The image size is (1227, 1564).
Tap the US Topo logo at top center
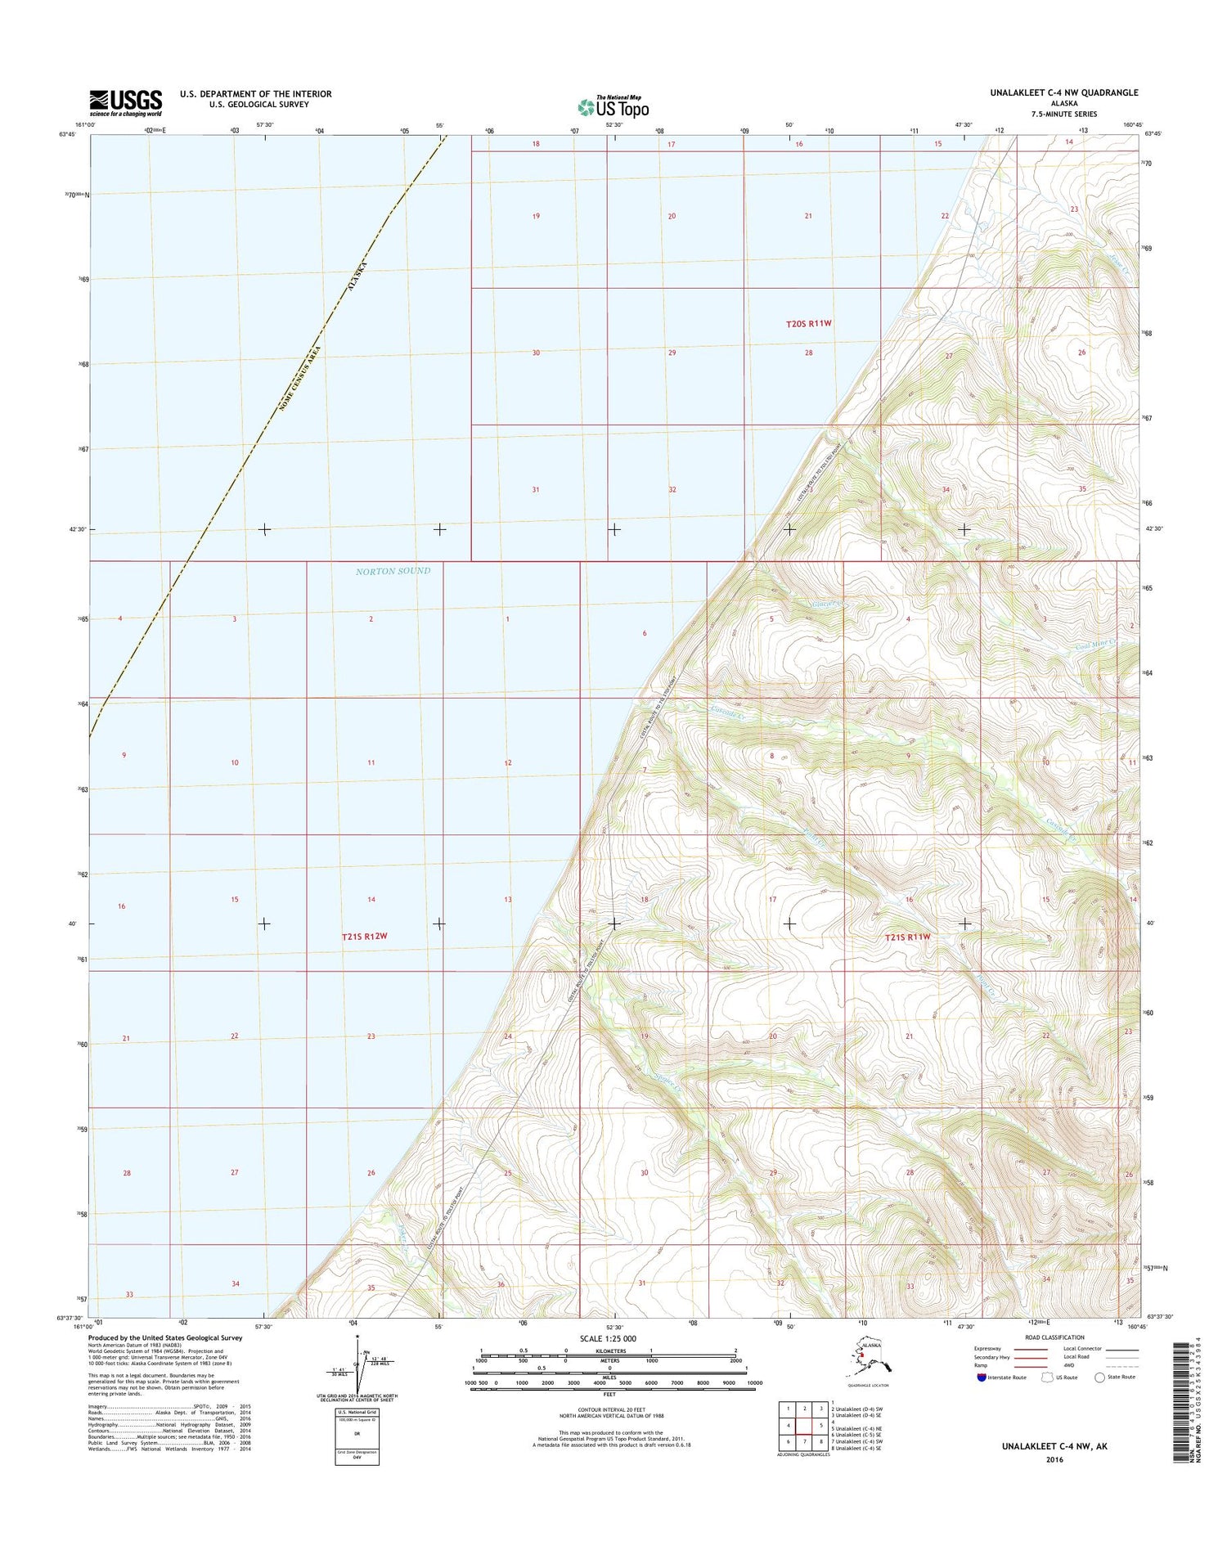613,106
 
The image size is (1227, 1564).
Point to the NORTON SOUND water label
393,571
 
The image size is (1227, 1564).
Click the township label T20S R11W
808,323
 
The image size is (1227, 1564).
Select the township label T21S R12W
364,936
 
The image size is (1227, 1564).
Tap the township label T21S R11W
907,937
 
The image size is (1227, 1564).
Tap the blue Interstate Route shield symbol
982,1377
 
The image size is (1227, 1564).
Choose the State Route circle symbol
1099,1377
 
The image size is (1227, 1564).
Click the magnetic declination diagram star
357,1337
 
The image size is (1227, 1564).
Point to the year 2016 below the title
1054,1459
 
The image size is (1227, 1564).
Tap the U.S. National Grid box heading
357,1412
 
